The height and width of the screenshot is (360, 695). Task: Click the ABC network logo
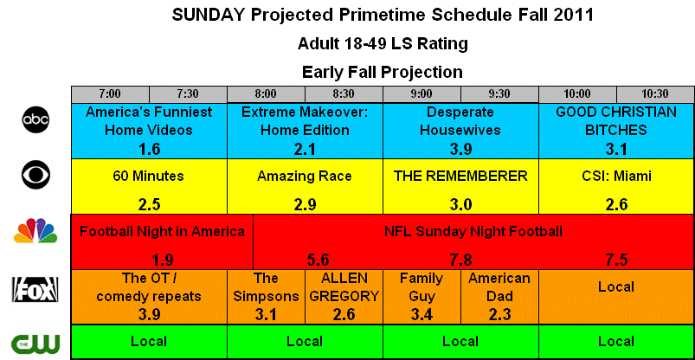tap(35, 119)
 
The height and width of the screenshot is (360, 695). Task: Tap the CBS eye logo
tap(35, 175)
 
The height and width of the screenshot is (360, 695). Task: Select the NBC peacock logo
tap(35, 230)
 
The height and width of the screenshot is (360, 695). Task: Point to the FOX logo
tap(35, 290)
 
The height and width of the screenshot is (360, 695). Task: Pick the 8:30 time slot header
tap(344, 94)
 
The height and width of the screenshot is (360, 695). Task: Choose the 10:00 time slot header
tap(577, 94)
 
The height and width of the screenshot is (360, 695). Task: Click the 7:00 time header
tap(110, 94)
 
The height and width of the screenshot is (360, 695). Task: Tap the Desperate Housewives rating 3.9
tap(460, 150)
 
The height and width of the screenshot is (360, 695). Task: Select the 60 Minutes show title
tap(149, 177)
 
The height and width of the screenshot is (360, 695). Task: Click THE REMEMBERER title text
tap(460, 177)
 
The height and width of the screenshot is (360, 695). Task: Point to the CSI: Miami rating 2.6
tap(616, 204)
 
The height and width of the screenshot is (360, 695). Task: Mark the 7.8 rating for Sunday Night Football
tap(460, 260)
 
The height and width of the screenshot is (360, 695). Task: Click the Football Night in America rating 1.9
tap(162, 260)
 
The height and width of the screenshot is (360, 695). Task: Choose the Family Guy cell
tap(422, 297)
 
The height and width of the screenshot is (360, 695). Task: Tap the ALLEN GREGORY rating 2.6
tap(344, 314)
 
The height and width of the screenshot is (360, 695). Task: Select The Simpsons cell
tap(266, 297)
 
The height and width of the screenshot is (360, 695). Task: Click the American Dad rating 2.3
tap(499, 314)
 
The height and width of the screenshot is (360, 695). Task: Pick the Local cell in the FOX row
tap(616, 297)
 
